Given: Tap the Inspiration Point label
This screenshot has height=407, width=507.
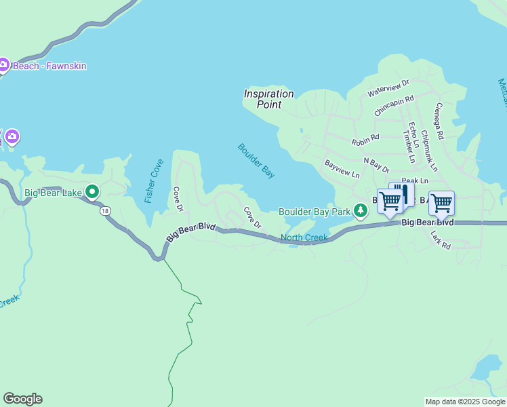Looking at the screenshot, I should (269, 99).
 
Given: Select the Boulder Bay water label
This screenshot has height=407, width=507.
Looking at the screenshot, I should (256, 161).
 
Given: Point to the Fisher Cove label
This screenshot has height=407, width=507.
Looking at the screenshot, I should (154, 181).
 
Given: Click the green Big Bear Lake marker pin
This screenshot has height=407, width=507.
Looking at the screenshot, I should (93, 193).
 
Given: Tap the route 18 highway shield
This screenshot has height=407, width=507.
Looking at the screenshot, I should (104, 211).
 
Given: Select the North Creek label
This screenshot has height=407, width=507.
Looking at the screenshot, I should (304, 237).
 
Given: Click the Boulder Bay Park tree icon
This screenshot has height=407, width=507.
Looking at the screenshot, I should (361, 212).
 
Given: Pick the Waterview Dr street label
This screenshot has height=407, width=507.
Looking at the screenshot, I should (388, 88).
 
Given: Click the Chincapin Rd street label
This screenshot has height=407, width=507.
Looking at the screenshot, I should (394, 105).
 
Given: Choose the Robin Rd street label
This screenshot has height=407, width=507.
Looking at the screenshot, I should (365, 140).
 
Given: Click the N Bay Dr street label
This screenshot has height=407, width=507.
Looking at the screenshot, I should (376, 165).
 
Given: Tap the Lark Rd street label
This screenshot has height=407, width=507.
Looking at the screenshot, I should (441, 240).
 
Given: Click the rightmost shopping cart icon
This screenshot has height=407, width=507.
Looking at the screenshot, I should (441, 202).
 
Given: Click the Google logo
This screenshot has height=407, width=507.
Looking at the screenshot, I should (22, 399).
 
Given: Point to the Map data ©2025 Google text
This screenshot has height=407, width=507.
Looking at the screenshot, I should (465, 402).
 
